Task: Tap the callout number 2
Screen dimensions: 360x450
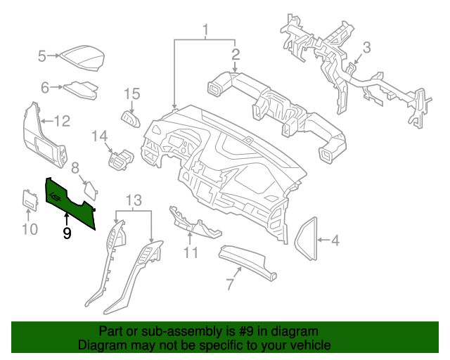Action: tap(236, 54)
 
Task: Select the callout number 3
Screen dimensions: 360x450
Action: tap(366, 48)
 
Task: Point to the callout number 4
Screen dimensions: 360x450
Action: tap(335, 241)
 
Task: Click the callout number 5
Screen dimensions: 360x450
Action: tap(41, 56)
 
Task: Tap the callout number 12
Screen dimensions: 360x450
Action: tap(62, 122)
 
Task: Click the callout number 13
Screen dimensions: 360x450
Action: tap(134, 200)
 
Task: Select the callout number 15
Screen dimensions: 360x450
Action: tap(132, 94)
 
